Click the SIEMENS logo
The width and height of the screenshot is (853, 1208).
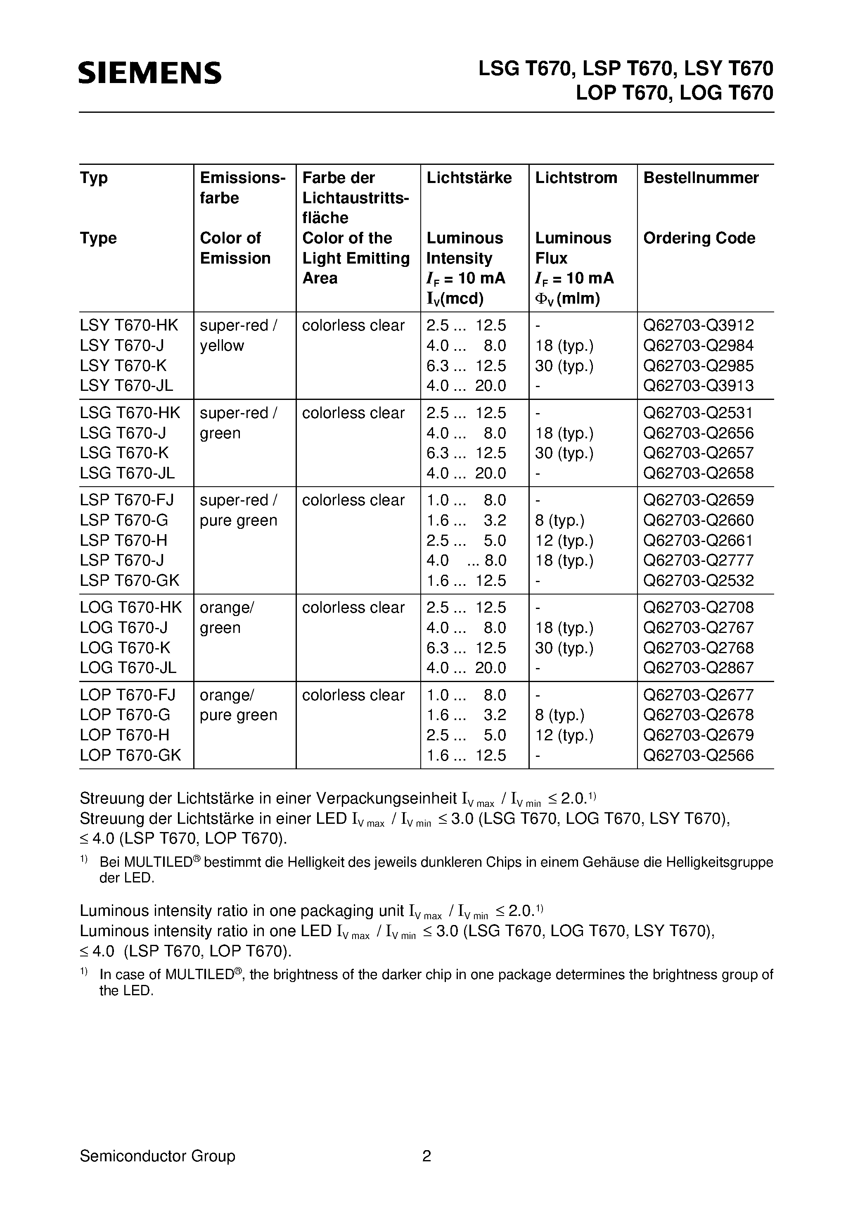(150, 73)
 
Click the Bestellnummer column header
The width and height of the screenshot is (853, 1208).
(701, 178)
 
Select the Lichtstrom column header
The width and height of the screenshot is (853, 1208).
(576, 178)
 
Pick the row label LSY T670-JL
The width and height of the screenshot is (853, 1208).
(126, 385)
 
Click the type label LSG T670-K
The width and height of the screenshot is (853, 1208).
(124, 453)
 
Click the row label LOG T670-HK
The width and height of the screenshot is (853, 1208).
(130, 608)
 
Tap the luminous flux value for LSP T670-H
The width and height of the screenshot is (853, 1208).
(564, 540)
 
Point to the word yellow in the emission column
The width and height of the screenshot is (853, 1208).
(221, 346)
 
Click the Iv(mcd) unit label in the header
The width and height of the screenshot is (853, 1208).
(455, 299)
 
